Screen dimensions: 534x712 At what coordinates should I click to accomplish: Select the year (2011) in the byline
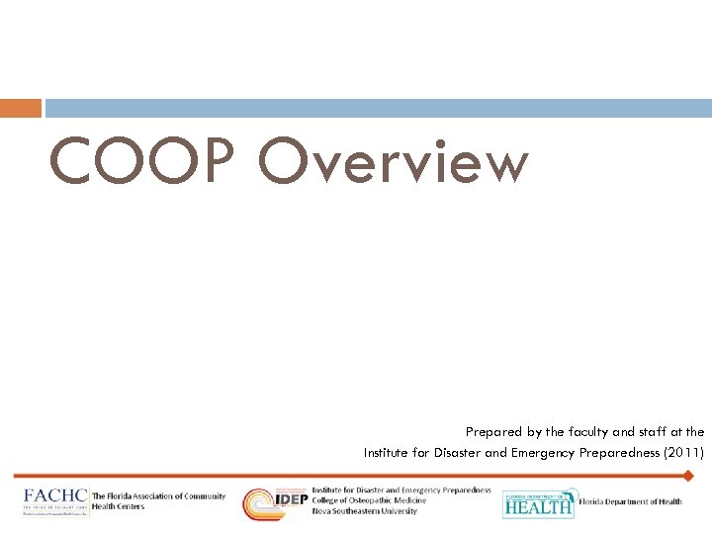(683, 453)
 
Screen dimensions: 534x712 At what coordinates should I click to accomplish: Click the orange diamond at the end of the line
(688, 476)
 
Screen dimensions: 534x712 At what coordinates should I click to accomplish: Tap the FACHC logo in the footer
(55, 500)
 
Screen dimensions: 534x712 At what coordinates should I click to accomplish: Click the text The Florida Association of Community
(151, 496)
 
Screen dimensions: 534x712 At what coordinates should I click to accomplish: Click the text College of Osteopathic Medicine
(369, 500)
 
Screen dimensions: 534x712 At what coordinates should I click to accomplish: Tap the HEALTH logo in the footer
(538, 504)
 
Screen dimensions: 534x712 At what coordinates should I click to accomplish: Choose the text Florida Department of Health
(630, 502)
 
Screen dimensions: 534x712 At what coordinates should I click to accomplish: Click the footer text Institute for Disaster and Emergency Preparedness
(400, 490)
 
